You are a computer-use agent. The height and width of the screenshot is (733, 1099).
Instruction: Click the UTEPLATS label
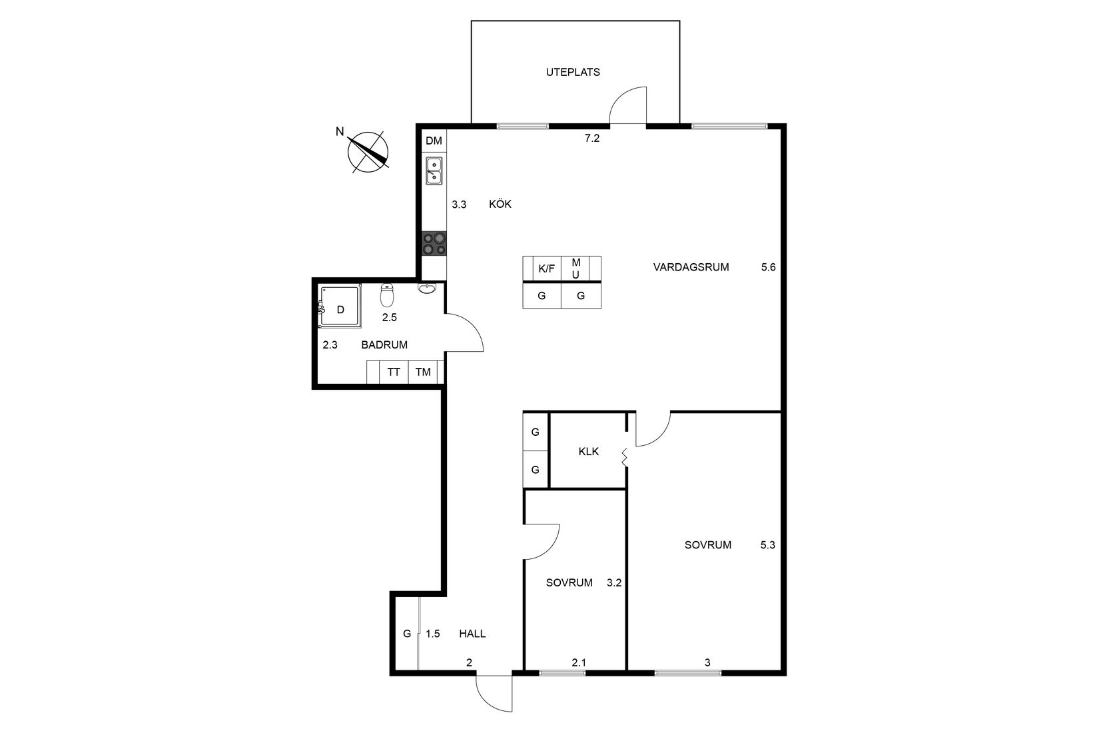pos(573,72)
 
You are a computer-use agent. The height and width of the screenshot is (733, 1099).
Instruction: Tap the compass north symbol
pos(368,151)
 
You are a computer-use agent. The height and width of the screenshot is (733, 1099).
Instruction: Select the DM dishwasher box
pos(434,141)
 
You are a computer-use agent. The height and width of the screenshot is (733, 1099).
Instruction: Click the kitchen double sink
pos(434,171)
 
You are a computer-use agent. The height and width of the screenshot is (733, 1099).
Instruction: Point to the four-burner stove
pos(434,243)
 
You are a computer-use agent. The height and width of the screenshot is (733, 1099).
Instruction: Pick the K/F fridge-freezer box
pos(547,269)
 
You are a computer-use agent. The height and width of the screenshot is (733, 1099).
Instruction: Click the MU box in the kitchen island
pos(575,269)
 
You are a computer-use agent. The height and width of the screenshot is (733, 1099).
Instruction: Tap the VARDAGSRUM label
pos(691,267)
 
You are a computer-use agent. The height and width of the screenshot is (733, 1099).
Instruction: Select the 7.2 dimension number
pos(591,139)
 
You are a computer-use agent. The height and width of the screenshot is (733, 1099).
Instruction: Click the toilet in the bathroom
pos(387,295)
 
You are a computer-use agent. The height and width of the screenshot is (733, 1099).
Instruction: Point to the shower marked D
pos(340,307)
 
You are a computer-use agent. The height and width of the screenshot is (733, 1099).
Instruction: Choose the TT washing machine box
pos(394,372)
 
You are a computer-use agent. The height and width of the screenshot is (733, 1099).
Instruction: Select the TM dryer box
pos(423,372)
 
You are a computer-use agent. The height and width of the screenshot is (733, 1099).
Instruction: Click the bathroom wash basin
pos(428,287)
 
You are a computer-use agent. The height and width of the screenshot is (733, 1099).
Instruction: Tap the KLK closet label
pos(588,451)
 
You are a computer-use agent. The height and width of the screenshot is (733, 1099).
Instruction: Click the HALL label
pos(472,634)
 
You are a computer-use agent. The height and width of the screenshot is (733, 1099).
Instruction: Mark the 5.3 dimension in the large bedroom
pos(767,544)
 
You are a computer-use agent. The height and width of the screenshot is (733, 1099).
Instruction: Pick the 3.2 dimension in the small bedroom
pos(613,583)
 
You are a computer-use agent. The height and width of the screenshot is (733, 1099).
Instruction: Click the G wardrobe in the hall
pos(407,634)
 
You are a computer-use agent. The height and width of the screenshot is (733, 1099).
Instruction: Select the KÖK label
pos(500,204)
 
